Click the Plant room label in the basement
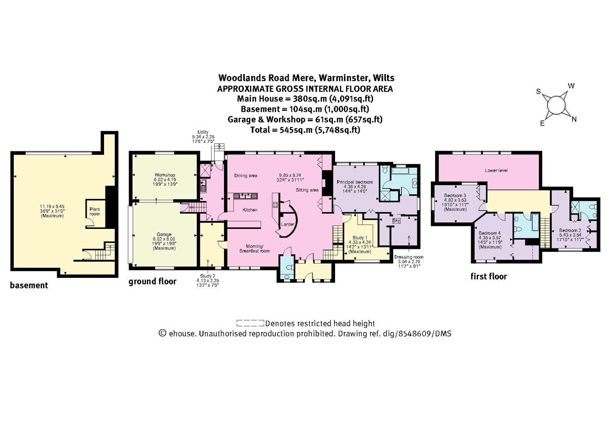95,211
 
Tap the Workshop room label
164,175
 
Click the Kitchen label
250,210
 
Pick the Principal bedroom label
355,182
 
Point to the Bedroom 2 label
569,230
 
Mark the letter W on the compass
572,86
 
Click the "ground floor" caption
152,281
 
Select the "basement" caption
29,286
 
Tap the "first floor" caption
489,276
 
